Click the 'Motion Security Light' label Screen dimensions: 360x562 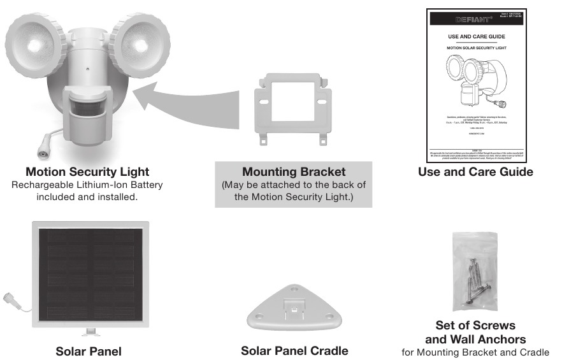point(87,172)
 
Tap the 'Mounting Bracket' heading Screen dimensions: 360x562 point(293,173)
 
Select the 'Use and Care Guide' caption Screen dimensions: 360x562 point(475,172)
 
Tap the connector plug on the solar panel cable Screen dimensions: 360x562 point(10,297)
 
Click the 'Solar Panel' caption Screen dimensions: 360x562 point(89,351)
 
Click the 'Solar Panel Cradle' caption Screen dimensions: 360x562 point(294,351)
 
